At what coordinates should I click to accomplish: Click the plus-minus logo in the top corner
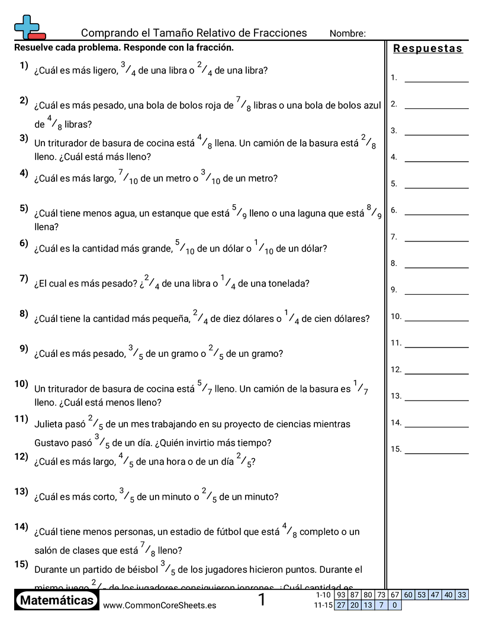click(x=28, y=27)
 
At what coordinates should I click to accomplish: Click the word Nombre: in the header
click(x=347, y=34)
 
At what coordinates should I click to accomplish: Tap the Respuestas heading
click(x=428, y=49)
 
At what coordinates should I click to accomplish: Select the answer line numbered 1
click(x=436, y=78)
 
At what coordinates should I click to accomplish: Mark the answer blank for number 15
click(x=436, y=449)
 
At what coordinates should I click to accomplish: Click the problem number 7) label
click(x=24, y=278)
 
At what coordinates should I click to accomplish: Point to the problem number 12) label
click(x=22, y=456)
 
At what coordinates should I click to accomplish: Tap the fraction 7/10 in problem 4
click(x=128, y=177)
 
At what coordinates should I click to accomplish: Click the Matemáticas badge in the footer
click(x=56, y=601)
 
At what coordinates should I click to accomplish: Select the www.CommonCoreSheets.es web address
click(x=159, y=605)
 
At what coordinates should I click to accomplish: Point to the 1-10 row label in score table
click(x=324, y=595)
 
